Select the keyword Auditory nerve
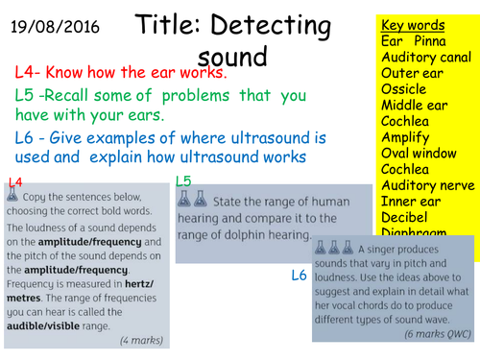[422, 185]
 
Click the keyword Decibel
[406, 217]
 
